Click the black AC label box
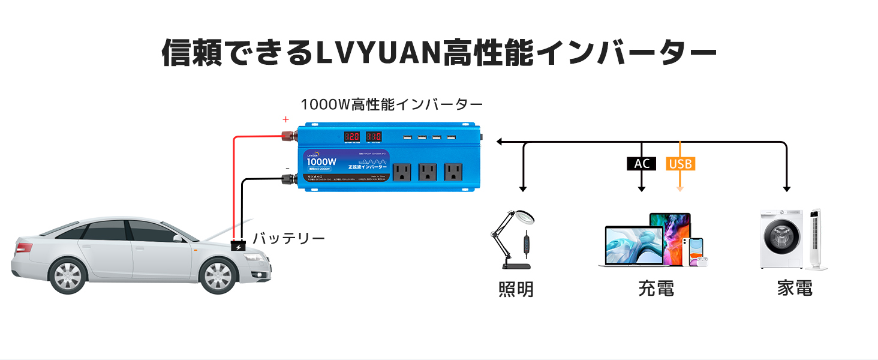tap(641, 163)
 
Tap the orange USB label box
tap(681, 163)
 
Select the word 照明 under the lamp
tap(516, 289)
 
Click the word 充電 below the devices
tap(656, 289)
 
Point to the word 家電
tap(795, 289)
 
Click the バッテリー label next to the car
tap(288, 238)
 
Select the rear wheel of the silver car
tap(68, 275)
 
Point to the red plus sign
tap(286, 119)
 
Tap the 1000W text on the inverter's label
tap(321, 163)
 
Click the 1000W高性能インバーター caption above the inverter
tap(392, 104)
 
